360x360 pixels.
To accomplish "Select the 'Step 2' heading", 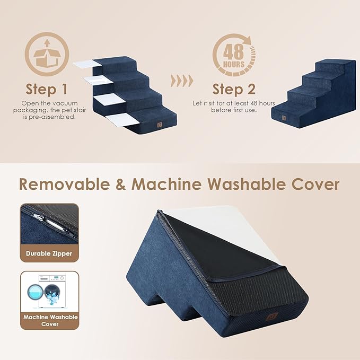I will coord(234,89).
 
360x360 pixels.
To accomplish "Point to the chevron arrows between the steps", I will coord(182,82).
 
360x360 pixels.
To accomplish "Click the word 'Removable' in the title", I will coord(66,184).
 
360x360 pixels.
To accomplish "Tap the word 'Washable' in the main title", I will coord(252,184).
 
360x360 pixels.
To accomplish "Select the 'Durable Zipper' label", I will coord(49,253).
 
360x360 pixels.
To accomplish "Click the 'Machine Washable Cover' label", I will coord(49,320).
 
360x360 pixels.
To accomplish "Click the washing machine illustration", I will coord(49,292).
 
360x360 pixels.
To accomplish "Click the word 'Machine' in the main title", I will coord(167,184).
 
